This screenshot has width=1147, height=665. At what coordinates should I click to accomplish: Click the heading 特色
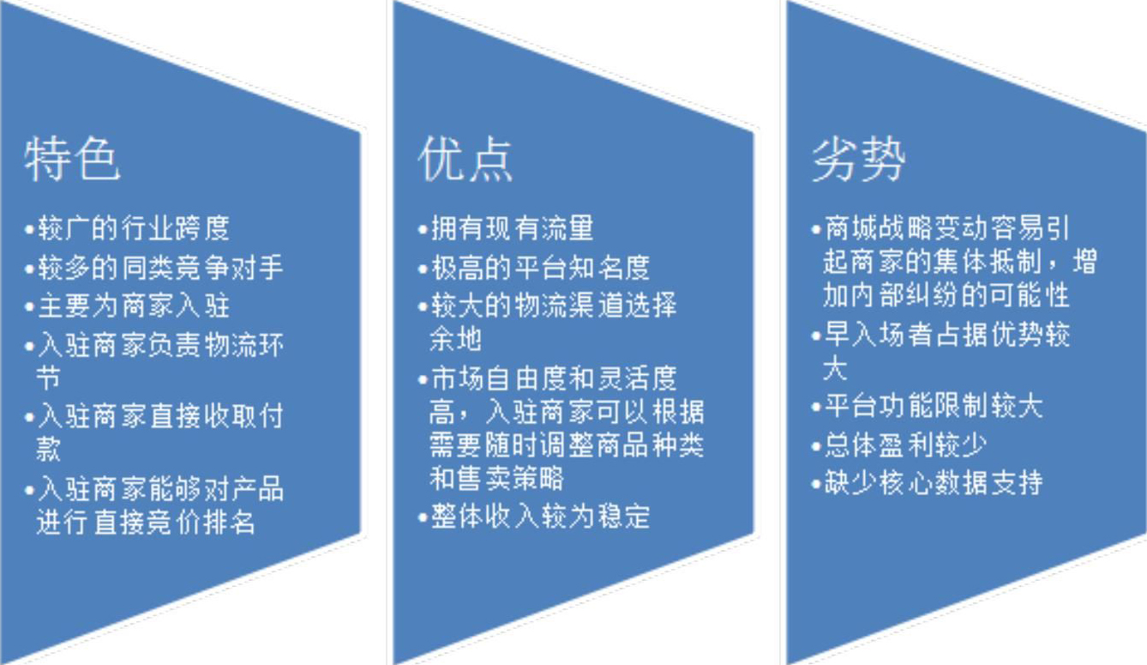[72, 159]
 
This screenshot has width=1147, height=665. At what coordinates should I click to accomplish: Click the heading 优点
[465, 159]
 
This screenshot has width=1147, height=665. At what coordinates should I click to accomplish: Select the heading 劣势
[858, 159]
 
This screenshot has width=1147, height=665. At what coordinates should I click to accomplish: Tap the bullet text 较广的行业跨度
[134, 228]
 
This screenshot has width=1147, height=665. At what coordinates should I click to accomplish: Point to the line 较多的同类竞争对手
[160, 267]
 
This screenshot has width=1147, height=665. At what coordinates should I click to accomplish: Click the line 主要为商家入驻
[134, 306]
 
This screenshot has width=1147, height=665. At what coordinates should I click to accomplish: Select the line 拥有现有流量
[513, 228]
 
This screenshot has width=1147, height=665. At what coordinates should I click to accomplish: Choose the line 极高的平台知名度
[540, 267]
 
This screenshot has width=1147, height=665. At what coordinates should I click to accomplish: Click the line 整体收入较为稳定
[540, 517]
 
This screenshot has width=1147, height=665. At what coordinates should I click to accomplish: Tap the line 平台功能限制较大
[934, 406]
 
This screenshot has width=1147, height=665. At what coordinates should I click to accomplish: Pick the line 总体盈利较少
[905, 445]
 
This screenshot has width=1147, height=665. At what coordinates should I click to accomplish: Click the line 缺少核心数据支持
[934, 483]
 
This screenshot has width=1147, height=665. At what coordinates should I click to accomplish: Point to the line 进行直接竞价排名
[146, 523]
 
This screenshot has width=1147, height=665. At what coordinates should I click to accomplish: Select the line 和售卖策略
[496, 478]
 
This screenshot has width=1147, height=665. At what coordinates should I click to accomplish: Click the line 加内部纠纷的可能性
[946, 295]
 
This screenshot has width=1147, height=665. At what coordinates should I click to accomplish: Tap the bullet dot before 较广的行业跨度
[29, 229]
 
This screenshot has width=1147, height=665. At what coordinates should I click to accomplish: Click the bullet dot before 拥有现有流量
[423, 229]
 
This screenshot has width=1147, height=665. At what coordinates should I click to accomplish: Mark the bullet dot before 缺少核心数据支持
[816, 485]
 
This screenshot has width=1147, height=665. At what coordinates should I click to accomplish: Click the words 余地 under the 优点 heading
[455, 339]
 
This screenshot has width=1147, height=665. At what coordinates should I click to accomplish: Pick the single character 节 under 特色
[49, 378]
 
